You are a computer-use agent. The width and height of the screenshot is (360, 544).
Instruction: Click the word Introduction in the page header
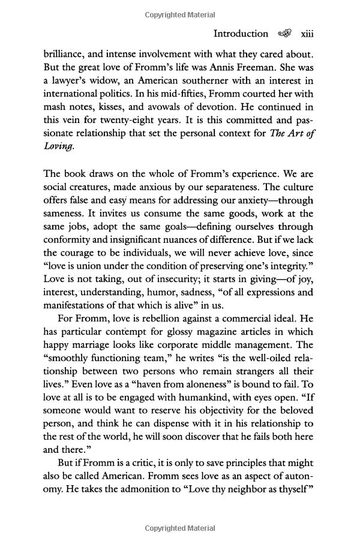[241, 34]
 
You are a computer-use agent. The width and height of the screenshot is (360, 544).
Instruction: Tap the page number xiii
[307, 34]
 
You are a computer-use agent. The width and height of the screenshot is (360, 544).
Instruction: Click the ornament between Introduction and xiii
[285, 34]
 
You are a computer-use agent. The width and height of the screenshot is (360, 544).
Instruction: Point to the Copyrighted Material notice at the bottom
[180, 528]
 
